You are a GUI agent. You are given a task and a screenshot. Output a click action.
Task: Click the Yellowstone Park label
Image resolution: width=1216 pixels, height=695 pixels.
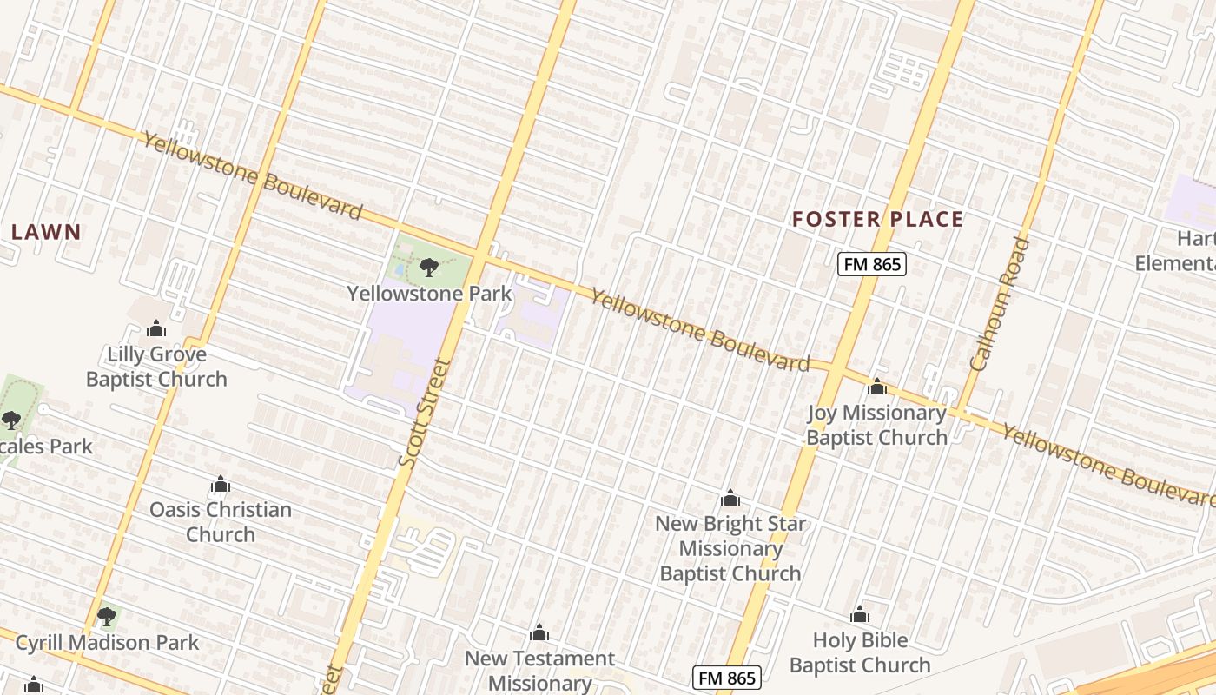coord(430,294)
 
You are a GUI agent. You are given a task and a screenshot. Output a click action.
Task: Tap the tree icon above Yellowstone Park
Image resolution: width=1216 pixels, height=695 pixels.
coord(428,267)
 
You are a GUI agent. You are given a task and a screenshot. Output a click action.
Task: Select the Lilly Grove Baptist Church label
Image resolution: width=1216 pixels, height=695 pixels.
coord(156,367)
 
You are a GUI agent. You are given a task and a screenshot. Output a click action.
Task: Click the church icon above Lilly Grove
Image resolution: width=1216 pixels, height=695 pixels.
coord(156,328)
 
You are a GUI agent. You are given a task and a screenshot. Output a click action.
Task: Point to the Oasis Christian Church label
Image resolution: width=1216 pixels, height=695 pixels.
coord(221,521)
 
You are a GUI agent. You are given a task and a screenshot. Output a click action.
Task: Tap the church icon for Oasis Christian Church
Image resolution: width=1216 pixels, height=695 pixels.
coord(221,484)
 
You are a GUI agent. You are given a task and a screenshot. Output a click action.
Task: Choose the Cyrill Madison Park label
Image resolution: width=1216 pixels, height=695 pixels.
coord(108,643)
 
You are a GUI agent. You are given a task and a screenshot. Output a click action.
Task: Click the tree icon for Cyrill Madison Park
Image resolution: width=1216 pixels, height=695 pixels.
coord(107,617)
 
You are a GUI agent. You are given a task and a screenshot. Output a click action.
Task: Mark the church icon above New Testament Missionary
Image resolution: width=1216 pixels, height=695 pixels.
coord(539,632)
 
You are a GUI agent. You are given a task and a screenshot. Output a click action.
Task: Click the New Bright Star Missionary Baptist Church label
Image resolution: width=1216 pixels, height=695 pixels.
coord(730,548)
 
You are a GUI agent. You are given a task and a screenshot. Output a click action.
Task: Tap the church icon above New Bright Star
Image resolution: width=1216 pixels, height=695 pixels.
coord(730,498)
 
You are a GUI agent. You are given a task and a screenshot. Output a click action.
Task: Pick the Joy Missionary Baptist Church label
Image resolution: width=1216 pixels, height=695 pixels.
coord(876,425)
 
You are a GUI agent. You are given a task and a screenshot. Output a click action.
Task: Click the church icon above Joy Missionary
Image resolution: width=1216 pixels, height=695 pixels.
coord(876,387)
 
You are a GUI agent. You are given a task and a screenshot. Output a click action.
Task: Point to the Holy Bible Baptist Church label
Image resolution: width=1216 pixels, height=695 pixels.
coord(860,652)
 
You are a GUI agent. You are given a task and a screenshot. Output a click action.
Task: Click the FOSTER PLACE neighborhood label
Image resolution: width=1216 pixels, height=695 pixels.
coord(877,219)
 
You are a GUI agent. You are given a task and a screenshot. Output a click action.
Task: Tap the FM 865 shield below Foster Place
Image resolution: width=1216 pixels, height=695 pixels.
coord(871,264)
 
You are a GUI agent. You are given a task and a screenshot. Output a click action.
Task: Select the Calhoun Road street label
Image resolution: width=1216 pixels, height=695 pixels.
coord(1000,304)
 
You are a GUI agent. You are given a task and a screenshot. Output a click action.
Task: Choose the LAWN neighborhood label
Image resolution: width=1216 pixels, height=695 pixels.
coord(46,232)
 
